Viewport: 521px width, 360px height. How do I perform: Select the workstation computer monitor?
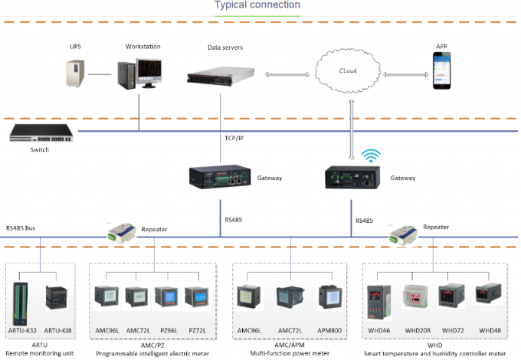[x=147, y=72]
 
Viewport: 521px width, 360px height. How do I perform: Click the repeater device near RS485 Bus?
[x=121, y=230]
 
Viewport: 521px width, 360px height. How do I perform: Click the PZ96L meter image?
[x=166, y=298]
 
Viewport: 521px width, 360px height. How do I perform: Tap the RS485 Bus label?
[x=21, y=227]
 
